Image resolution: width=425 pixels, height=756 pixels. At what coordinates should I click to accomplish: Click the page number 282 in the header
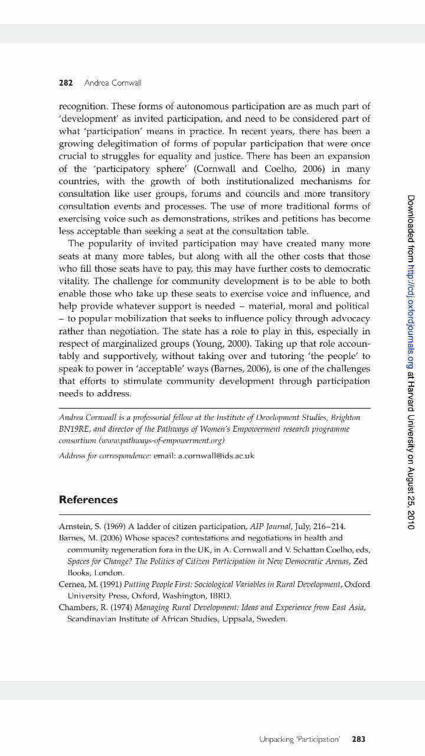66,83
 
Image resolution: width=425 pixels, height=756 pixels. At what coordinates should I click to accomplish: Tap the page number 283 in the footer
358,739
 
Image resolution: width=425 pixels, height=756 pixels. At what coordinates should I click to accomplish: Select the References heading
88,500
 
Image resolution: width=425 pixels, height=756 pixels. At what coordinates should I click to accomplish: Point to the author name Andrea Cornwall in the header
113,83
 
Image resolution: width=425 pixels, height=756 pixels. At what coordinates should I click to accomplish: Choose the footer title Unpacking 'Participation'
299,739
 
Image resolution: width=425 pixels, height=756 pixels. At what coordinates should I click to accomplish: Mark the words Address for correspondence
104,456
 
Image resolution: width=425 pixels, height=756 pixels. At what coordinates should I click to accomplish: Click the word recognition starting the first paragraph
82,106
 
